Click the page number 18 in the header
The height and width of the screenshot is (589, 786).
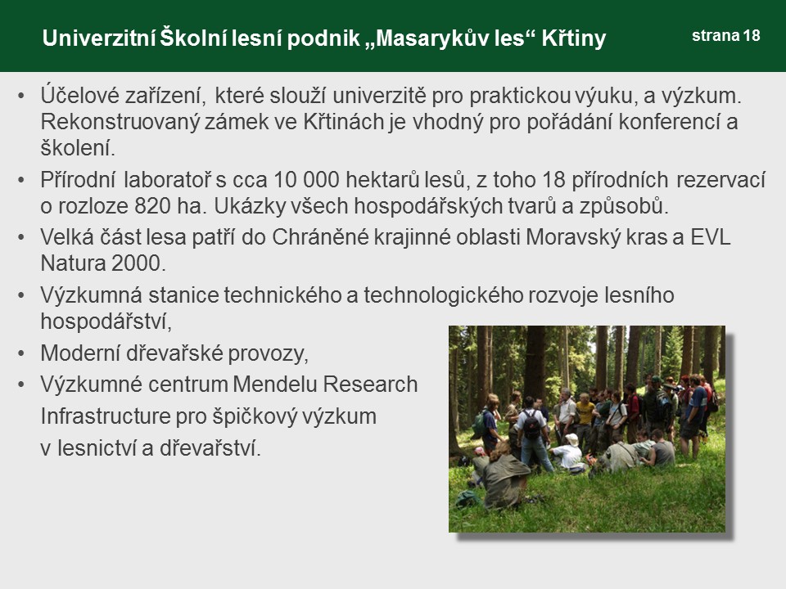(752, 35)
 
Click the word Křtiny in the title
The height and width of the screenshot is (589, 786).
(574, 38)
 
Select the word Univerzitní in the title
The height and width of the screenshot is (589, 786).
(98, 38)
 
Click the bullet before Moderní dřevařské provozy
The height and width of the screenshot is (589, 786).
(21, 353)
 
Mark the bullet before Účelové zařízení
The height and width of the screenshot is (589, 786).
(21, 96)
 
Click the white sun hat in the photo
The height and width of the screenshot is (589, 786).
(571, 439)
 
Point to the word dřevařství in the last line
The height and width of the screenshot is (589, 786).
(210, 447)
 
